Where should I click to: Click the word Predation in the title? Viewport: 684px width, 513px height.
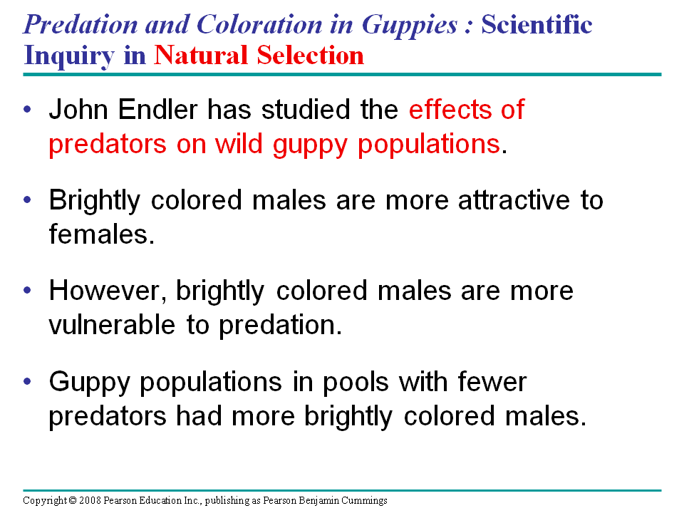81,24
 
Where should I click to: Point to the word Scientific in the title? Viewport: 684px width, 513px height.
537,24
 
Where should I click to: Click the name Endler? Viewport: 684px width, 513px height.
158,109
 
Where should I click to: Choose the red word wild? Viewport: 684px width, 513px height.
239,143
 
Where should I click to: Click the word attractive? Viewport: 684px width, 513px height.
514,200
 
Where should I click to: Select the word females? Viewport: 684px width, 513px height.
102,234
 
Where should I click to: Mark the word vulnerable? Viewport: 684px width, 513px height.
112,325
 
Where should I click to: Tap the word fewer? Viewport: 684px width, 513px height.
492,382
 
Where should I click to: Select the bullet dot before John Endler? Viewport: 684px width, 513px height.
28,109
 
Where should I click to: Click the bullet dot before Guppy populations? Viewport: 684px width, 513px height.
28,382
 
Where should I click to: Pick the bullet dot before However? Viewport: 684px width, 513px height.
28,291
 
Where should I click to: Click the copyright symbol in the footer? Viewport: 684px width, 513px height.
73,500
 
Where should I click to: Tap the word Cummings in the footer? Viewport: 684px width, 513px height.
364,501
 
